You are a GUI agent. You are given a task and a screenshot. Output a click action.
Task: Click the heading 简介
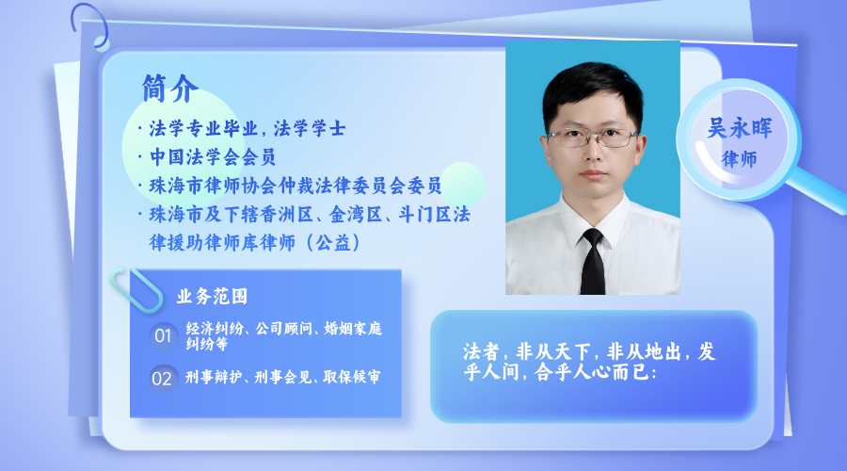point(170,89)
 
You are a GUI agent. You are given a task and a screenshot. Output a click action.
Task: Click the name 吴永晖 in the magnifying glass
point(740,128)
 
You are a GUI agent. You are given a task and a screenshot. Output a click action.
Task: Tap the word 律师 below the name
point(739,159)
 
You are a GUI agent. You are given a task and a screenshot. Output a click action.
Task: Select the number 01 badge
point(163,335)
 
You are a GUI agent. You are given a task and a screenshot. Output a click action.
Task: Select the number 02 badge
point(162,379)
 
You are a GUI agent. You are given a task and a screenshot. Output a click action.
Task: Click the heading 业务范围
point(212,297)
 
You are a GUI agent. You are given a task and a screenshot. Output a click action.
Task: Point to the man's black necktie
point(593,261)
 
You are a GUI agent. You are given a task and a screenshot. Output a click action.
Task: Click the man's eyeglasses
point(593,138)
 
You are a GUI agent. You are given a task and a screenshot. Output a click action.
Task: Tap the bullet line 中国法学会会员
point(213,156)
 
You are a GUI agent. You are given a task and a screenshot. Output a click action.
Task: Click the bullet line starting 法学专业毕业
point(247,129)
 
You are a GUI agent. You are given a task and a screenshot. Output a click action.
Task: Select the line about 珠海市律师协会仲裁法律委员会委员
point(296,186)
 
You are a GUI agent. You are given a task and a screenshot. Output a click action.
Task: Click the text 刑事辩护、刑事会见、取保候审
point(282,377)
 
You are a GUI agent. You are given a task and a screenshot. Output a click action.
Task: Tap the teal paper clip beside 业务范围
point(136,290)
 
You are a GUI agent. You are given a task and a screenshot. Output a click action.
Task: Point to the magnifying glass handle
point(817,189)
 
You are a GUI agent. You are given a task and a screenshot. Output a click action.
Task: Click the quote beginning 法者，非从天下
point(589,361)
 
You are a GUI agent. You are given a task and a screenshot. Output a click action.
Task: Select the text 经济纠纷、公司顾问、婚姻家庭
point(283,328)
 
